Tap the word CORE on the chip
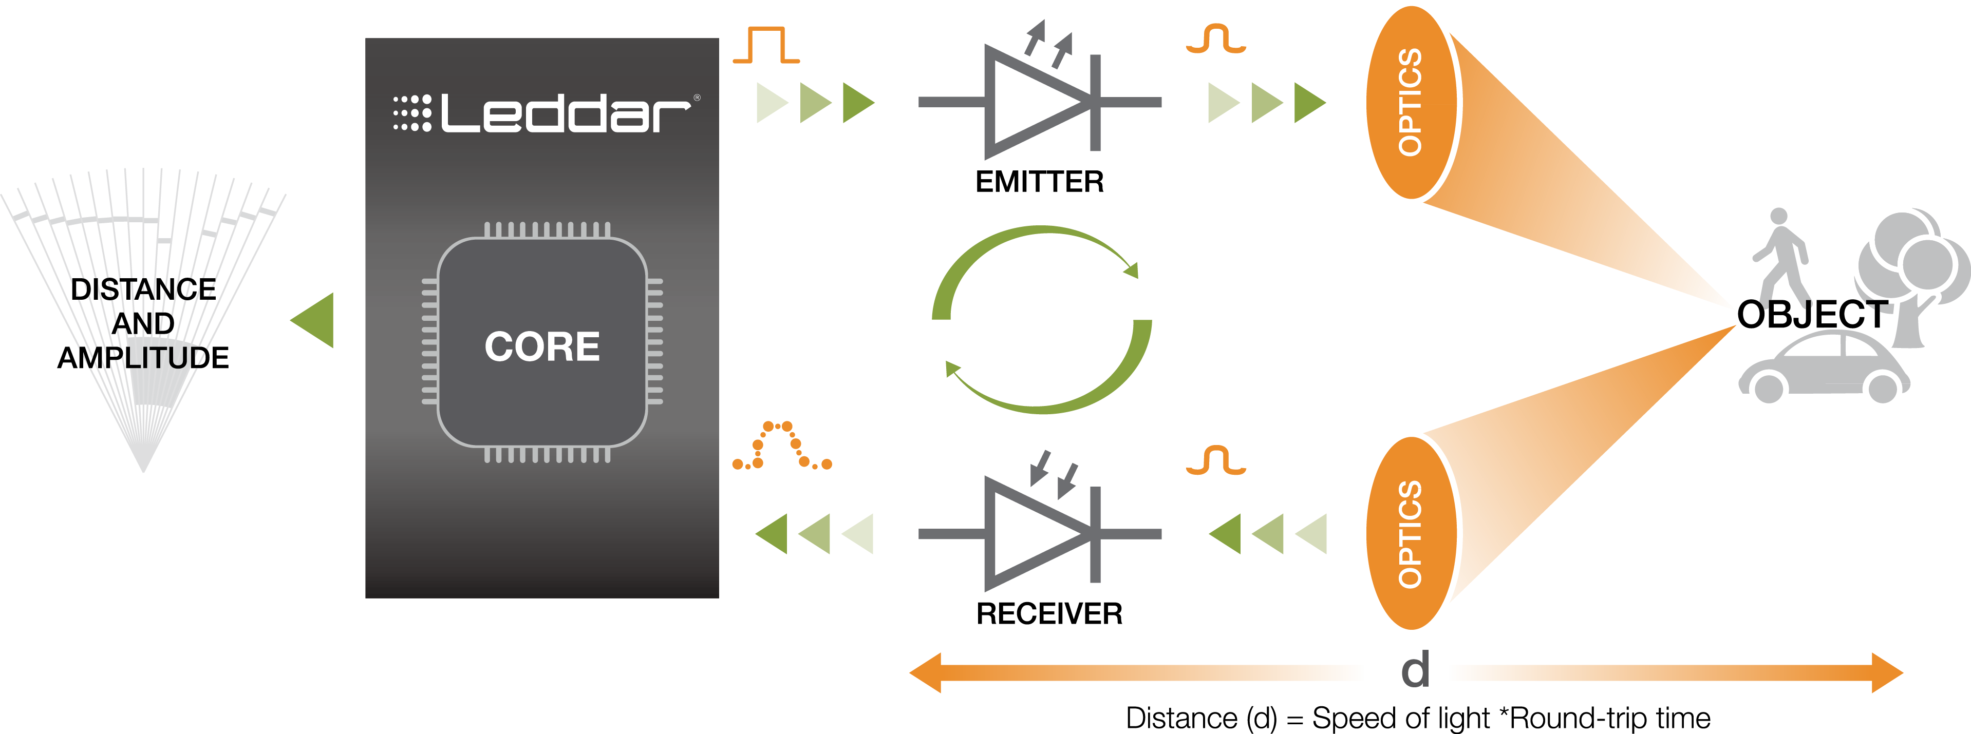(542, 346)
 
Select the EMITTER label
(1039, 182)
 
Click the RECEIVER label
(1049, 613)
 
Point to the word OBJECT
(1812, 314)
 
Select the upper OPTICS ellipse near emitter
(1412, 103)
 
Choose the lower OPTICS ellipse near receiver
(1412, 534)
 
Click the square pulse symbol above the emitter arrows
(766, 45)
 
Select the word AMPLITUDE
(143, 358)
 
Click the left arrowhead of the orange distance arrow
(924, 673)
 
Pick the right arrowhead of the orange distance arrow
(1888, 673)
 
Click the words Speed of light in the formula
(1401, 718)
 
